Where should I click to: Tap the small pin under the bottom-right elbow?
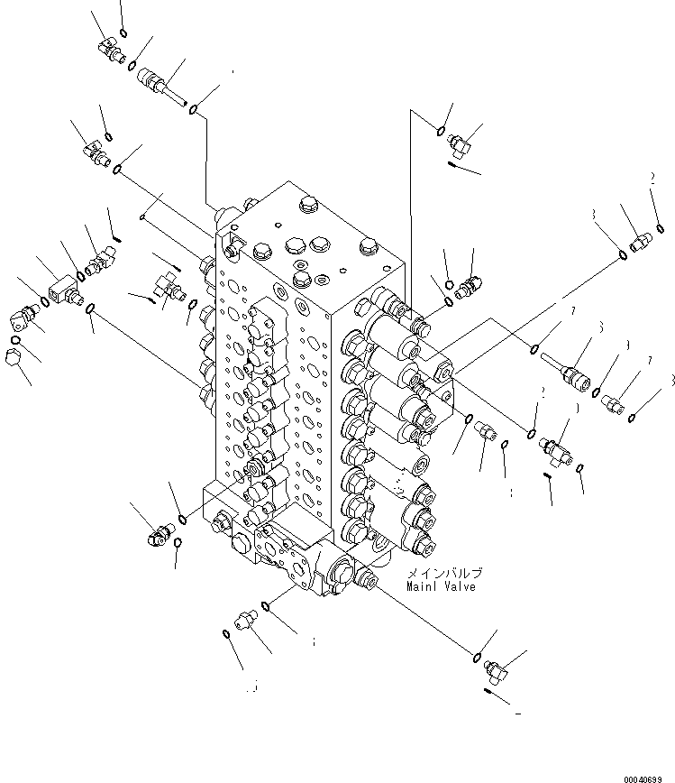tap(492, 693)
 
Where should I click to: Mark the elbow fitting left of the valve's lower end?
tap(154, 539)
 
